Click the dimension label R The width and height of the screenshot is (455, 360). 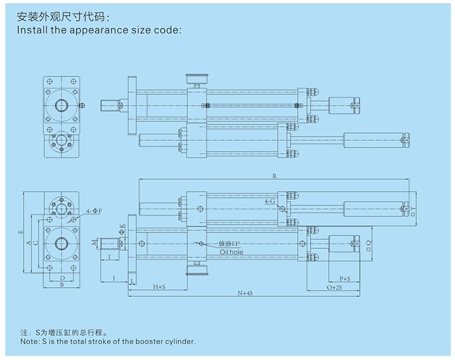(x=275, y=176)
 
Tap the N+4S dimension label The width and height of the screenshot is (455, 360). (x=244, y=293)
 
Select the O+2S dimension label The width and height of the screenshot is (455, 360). (x=334, y=286)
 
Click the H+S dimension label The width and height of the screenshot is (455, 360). (x=159, y=286)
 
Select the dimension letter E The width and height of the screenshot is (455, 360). (x=21, y=232)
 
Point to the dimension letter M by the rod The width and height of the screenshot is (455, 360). (x=93, y=243)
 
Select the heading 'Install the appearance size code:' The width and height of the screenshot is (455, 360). (x=99, y=29)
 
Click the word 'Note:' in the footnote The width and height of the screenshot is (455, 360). (x=30, y=342)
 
